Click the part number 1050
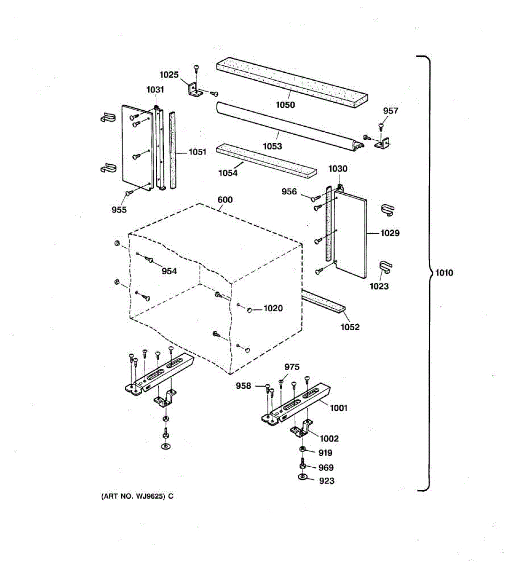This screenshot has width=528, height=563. pyautogui.click(x=285, y=105)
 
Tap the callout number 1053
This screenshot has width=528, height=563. pyautogui.click(x=272, y=146)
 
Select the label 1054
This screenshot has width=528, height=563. pyautogui.click(x=228, y=173)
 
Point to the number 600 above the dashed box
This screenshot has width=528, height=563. pyautogui.click(x=225, y=199)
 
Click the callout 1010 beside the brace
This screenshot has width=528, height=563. pyautogui.click(x=444, y=273)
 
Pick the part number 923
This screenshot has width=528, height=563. pyautogui.click(x=327, y=480)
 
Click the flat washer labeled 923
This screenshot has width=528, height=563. pyautogui.click(x=302, y=478)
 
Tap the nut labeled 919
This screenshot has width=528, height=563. pyautogui.click(x=303, y=450)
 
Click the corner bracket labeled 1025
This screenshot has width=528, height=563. pyautogui.click(x=194, y=89)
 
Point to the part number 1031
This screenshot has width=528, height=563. pyautogui.click(x=155, y=90)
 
